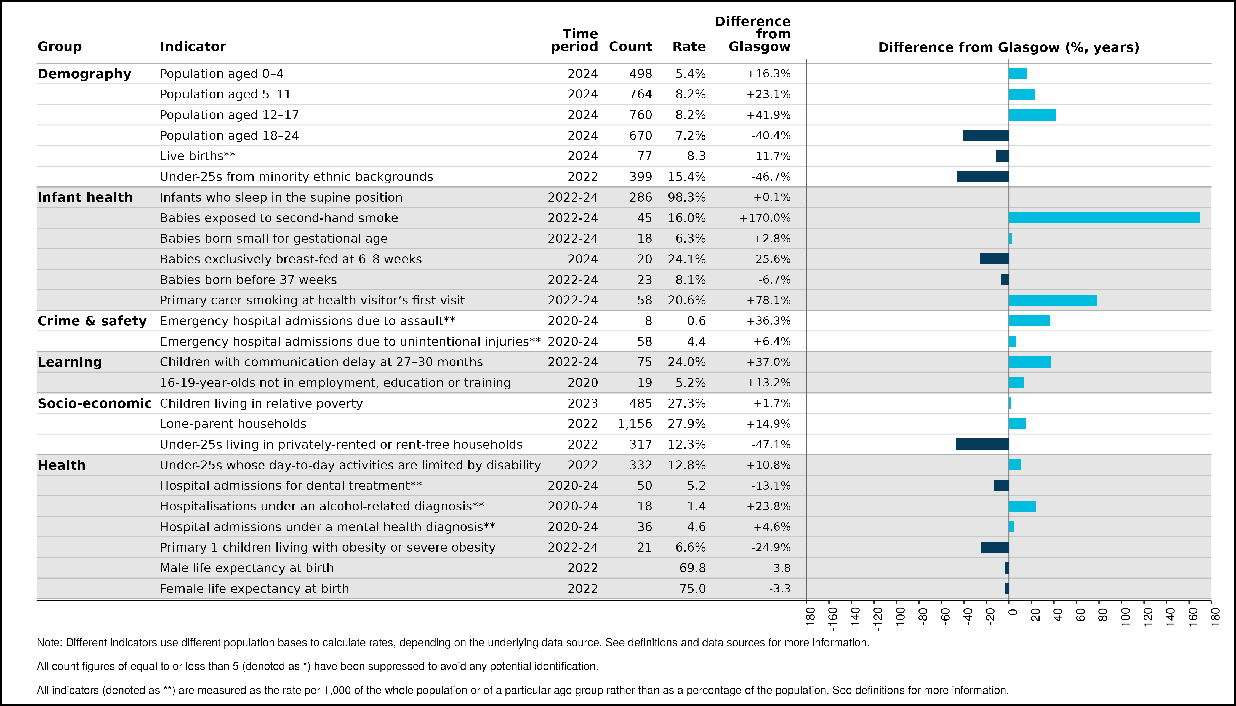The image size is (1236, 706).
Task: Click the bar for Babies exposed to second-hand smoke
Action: pos(1105,218)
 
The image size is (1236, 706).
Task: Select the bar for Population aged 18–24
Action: pos(986,135)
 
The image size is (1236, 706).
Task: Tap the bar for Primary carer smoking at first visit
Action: pos(1053,300)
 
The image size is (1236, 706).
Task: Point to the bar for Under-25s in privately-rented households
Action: pos(982,444)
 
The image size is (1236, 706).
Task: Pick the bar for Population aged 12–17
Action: pos(1032,115)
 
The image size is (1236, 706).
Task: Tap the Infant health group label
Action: pos(85,197)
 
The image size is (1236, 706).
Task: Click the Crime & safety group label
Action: pos(92,321)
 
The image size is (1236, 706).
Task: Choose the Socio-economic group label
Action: pos(95,403)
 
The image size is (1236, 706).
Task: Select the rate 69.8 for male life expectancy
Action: pos(693,568)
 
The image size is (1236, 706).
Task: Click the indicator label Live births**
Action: pos(198,156)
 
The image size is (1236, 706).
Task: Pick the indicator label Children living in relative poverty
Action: pos(261,403)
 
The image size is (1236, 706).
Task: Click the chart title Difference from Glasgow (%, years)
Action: pos(1008,47)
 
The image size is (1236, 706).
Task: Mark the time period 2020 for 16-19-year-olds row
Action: pos(583,383)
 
